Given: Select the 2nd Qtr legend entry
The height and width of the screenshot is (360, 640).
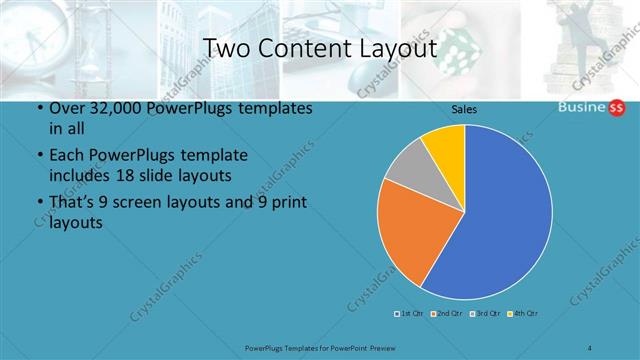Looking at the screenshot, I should coord(448,314).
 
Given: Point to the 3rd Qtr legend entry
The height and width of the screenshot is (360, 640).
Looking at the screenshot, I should coord(486,314).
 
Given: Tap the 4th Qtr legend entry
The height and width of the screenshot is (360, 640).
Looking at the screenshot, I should coord(523,314).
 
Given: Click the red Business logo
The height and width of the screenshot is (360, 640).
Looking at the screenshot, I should coord(589,109).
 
